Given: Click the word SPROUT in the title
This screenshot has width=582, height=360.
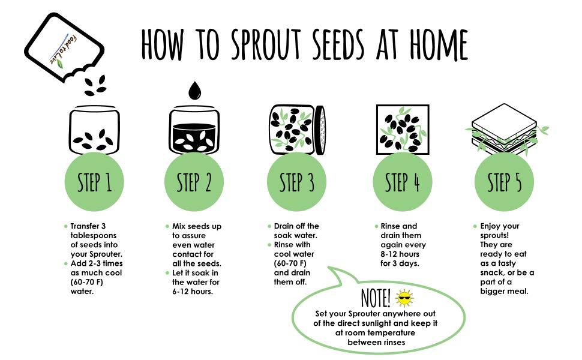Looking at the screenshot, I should tap(261, 43).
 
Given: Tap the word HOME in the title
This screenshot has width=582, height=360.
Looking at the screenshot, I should tap(432, 43).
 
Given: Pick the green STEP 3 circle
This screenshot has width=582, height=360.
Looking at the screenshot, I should tap(297, 182).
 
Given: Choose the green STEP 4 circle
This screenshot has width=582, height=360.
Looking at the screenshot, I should tap(402, 182).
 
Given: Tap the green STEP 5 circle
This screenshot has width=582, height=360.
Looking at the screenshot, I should tap(504, 182).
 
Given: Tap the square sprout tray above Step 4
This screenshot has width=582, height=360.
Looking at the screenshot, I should tap(402, 129).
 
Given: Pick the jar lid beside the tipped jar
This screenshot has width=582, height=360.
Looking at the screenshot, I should tap(320, 128).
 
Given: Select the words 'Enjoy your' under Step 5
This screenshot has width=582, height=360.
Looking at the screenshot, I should tap(500, 226).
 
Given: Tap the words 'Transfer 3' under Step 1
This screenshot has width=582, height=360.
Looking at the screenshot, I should tap(88, 226).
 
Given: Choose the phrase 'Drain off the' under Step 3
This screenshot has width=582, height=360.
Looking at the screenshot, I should tap(296, 226).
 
